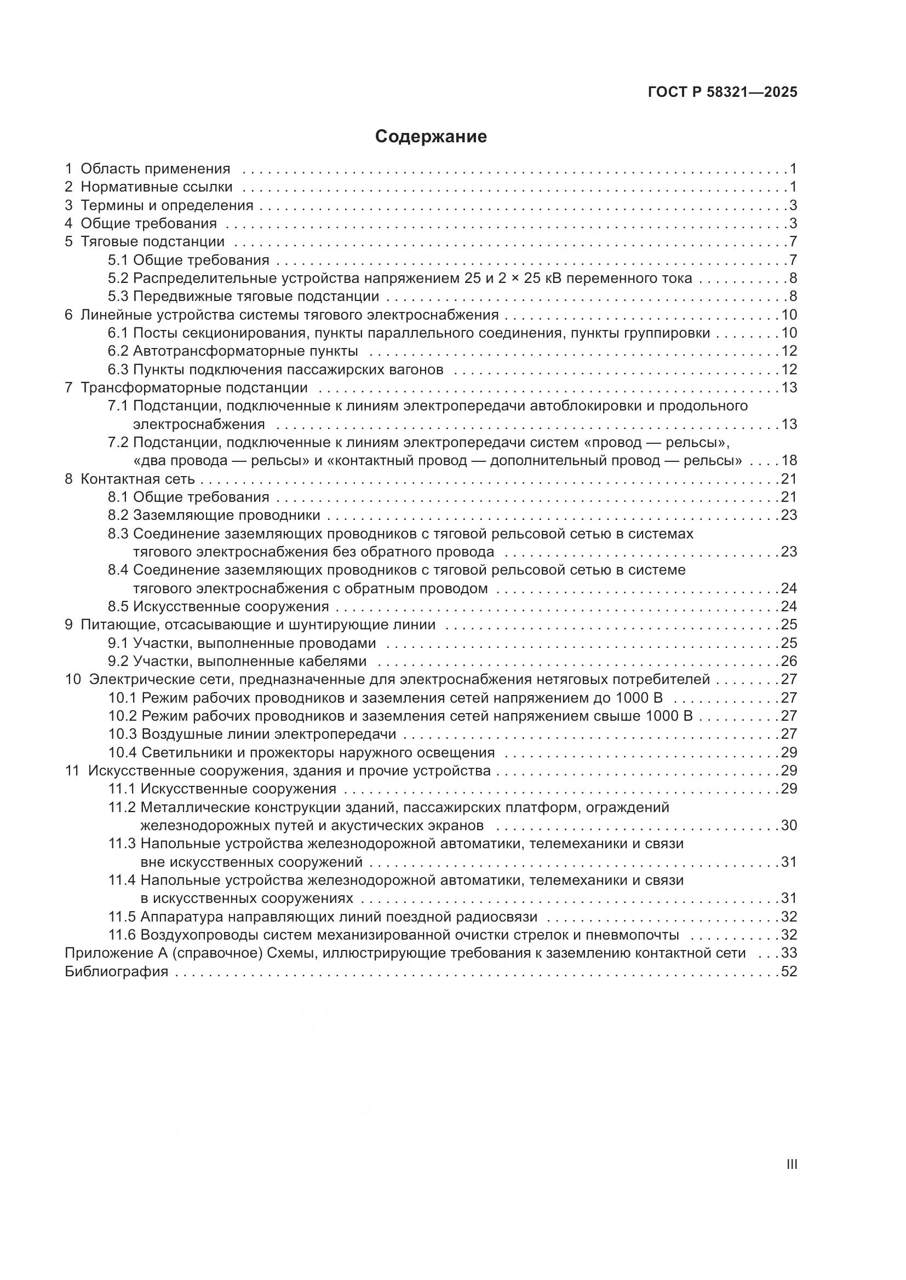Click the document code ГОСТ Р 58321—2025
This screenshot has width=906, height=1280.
click(x=722, y=92)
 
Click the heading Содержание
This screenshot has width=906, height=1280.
click(x=431, y=137)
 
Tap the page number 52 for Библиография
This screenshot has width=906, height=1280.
click(x=789, y=972)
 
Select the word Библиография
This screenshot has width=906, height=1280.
click(x=117, y=972)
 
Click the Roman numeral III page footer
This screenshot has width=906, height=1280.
click(x=791, y=1164)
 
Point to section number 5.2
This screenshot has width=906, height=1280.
click(x=118, y=278)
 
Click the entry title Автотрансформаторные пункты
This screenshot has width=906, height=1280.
click(x=245, y=351)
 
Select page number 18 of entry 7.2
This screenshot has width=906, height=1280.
click(x=789, y=460)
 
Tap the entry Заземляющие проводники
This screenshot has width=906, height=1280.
click(x=227, y=515)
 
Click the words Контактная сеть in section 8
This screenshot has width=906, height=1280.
click(x=138, y=479)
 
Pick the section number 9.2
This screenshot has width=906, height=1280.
click(x=118, y=661)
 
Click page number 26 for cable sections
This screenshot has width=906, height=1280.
click(x=789, y=661)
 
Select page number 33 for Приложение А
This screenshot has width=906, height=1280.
click(x=789, y=953)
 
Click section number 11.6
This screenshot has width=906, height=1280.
click(x=122, y=935)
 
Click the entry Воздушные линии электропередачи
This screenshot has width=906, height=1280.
click(x=269, y=734)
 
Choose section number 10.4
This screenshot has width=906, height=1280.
click(x=123, y=752)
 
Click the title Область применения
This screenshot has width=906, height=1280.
click(x=155, y=169)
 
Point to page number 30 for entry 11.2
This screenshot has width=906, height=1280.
click(x=789, y=826)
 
